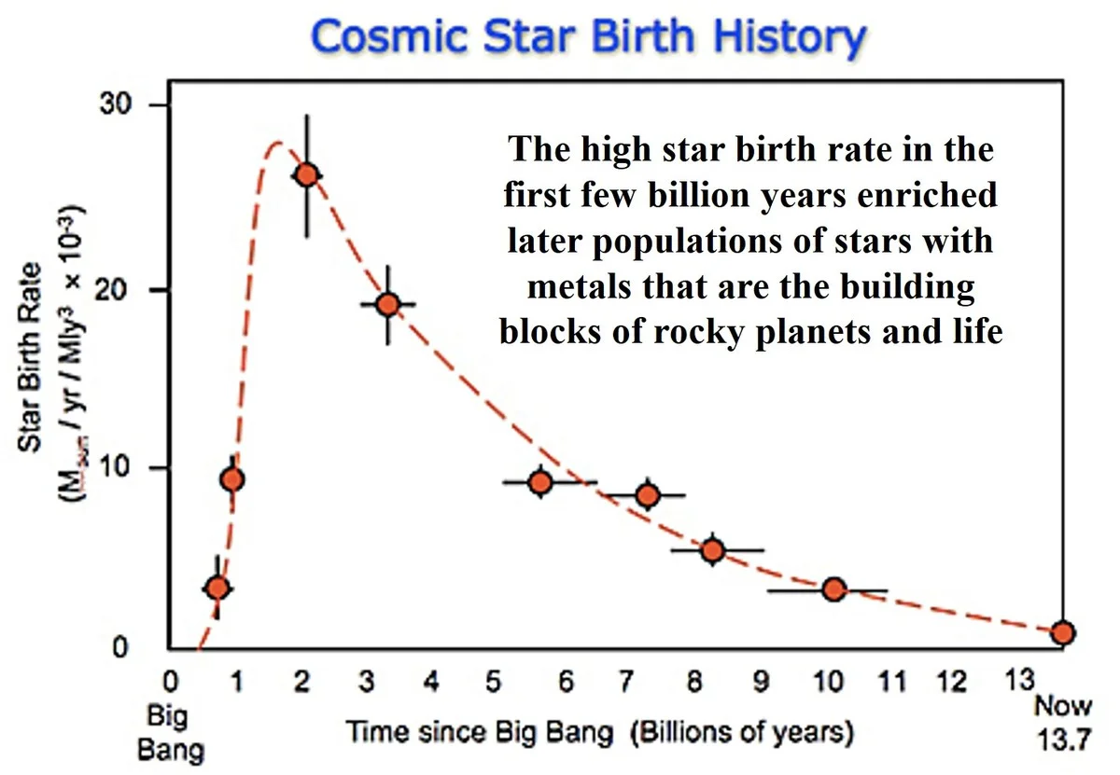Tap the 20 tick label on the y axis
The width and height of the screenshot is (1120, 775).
tap(126, 289)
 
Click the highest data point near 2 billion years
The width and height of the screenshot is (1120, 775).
tap(307, 174)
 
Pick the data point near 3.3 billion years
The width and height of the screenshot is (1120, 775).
tap(388, 304)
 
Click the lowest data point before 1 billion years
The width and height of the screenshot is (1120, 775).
tap(217, 588)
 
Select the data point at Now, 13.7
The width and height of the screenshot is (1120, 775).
tap(1062, 632)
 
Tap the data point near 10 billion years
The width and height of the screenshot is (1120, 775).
tap(834, 588)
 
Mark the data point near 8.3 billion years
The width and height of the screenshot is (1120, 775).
tap(713, 550)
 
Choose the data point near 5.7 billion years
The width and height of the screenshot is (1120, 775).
tap(540, 482)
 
